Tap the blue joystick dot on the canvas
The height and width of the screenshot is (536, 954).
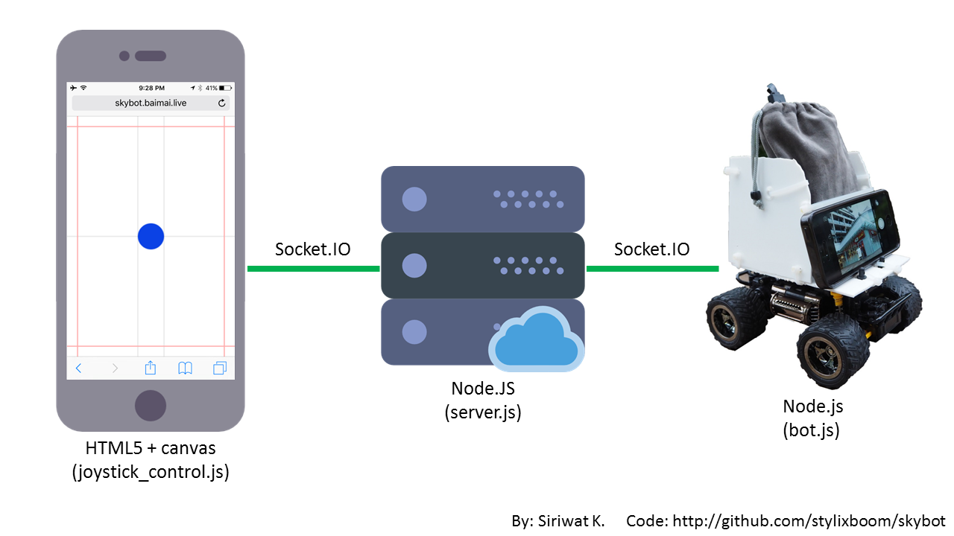click(151, 236)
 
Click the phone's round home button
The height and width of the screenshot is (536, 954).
click(151, 405)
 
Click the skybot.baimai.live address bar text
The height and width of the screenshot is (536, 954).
click(151, 103)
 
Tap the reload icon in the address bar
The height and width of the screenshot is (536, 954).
click(221, 103)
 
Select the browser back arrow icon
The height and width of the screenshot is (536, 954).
click(78, 368)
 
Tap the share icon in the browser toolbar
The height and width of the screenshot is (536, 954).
click(150, 367)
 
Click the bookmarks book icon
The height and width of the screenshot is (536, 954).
click(185, 368)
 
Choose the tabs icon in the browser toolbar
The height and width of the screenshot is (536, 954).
click(220, 368)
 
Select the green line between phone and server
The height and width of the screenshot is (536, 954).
click(313, 269)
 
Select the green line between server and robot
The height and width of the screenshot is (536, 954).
click(652, 269)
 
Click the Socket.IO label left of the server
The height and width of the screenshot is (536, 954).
click(312, 249)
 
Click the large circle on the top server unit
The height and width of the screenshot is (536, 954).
click(414, 199)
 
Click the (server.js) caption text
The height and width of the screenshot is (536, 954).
click(483, 412)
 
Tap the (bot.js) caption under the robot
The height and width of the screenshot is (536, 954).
click(811, 430)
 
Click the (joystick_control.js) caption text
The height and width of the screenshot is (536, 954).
click(150, 472)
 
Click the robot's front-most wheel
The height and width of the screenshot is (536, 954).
click(831, 353)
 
